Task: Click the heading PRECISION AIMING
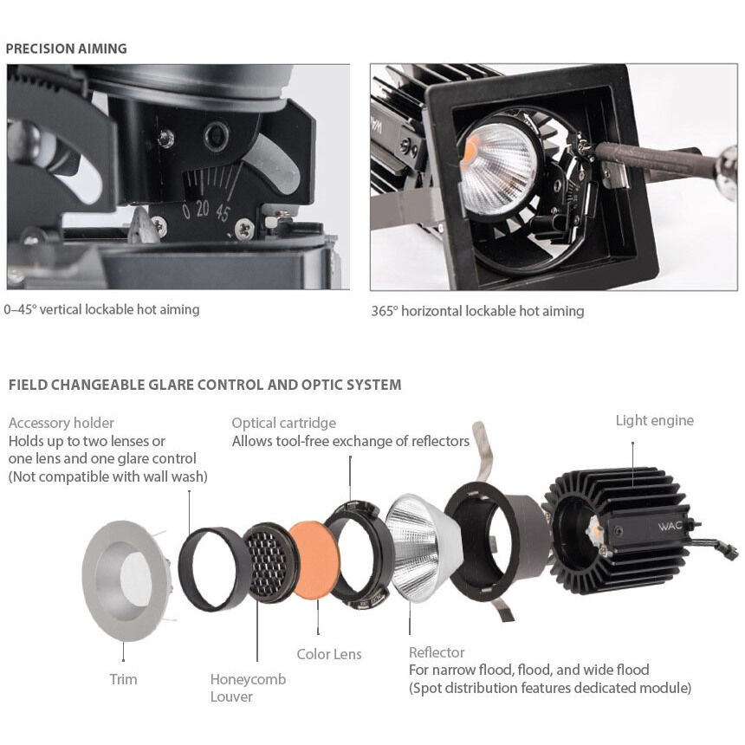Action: click(x=67, y=49)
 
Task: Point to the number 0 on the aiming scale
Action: click(x=186, y=211)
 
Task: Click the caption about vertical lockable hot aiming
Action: click(x=102, y=309)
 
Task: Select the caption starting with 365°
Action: click(x=477, y=311)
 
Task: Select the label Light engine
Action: click(x=654, y=421)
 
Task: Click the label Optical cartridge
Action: click(x=283, y=424)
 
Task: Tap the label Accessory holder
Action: click(x=61, y=424)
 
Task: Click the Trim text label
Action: click(x=123, y=679)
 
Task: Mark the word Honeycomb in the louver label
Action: click(x=248, y=679)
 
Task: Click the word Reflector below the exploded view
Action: click(x=437, y=652)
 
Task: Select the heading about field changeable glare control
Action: click(x=204, y=385)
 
